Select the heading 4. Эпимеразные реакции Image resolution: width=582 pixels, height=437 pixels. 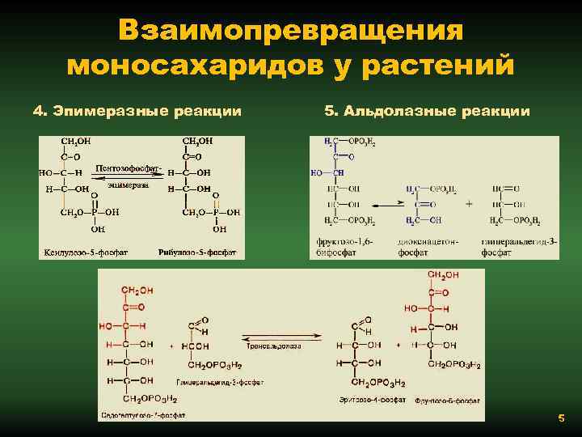[x=137, y=111]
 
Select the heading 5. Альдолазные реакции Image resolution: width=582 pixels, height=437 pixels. [x=427, y=111]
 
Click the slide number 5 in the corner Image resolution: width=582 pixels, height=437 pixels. [x=560, y=418]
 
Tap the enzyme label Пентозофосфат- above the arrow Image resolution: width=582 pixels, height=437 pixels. [x=129, y=168]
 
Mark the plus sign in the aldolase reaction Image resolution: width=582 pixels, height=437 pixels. [x=469, y=204]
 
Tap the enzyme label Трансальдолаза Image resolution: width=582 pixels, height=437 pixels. [x=275, y=346]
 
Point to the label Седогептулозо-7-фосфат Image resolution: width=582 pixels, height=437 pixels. [x=144, y=415]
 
